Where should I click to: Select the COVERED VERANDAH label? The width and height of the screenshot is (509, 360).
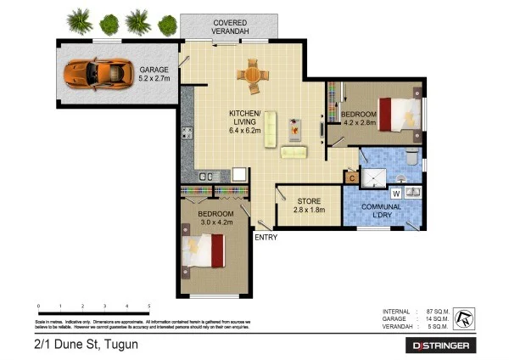point(231,27)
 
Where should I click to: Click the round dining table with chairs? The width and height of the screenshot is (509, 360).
point(252,76)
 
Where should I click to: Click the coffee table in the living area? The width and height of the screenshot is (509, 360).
point(294,129)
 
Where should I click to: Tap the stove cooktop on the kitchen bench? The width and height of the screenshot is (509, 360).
point(186,132)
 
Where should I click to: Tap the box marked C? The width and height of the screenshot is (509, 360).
point(350,177)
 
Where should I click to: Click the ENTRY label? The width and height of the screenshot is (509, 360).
point(266,237)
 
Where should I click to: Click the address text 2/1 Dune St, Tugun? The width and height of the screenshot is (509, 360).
point(81,344)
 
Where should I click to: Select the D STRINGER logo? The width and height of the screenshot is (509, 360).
point(444,346)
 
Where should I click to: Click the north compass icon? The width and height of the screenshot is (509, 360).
point(464,318)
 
